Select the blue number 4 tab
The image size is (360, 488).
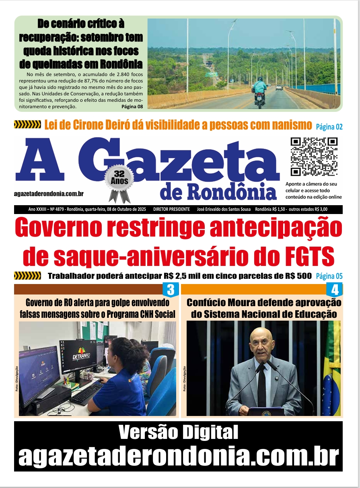click(x=335, y=290)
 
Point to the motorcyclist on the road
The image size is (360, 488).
click(x=259, y=91)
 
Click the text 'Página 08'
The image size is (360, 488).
click(x=132, y=107)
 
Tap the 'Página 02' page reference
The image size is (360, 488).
click(x=329, y=127)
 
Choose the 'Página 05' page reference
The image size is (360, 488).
click(x=329, y=276)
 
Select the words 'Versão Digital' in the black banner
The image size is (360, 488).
click(x=178, y=433)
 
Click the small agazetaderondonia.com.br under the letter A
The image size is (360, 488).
click(x=49, y=194)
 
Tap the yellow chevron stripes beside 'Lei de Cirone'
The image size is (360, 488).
click(x=27, y=125)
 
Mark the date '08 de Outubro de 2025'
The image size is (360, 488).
click(x=122, y=210)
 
